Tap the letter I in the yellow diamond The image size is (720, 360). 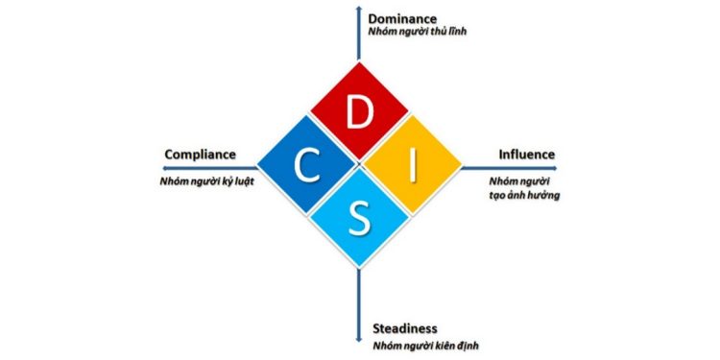[413, 165]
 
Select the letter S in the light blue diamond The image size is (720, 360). [359, 218]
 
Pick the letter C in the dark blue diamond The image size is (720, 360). [306, 165]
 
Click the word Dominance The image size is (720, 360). [403, 18]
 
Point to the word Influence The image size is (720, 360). [526, 155]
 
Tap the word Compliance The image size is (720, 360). [200, 155]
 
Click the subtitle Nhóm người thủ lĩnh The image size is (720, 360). [418, 33]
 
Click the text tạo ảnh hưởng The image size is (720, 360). [524, 195]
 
